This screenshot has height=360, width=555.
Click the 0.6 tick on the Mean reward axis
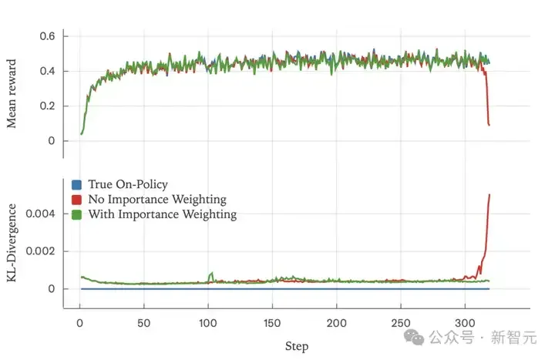(47, 36)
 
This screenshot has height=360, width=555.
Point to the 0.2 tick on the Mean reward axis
(47, 106)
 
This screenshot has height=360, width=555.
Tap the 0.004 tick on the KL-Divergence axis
(40, 214)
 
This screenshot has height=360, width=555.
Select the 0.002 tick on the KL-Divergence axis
(40, 251)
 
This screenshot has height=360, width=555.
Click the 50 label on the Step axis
(143, 323)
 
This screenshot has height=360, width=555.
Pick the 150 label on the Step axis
(272, 323)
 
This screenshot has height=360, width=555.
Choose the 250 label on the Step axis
(401, 323)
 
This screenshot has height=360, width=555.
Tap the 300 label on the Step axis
(465, 323)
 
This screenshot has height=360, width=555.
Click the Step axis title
(297, 346)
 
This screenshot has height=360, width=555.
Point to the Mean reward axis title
(12, 93)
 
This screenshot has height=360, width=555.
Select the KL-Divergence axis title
(12, 243)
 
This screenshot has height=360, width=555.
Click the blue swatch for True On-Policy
(76, 185)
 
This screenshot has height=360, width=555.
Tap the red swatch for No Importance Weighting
(76, 200)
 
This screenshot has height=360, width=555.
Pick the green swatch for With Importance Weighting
(76, 214)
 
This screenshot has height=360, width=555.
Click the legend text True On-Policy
(128, 184)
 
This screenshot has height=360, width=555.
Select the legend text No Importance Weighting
(157, 200)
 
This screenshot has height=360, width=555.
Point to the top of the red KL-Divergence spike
(489, 194)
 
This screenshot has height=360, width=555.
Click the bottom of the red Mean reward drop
(489, 125)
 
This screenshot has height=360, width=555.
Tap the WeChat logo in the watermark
(414, 337)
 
